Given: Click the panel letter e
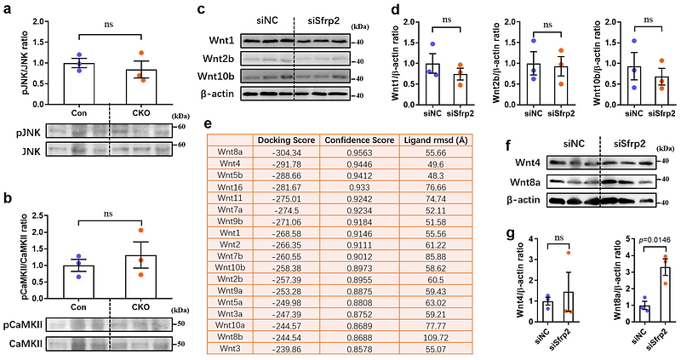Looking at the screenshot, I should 210,123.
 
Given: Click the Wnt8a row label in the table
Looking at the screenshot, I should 231,151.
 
